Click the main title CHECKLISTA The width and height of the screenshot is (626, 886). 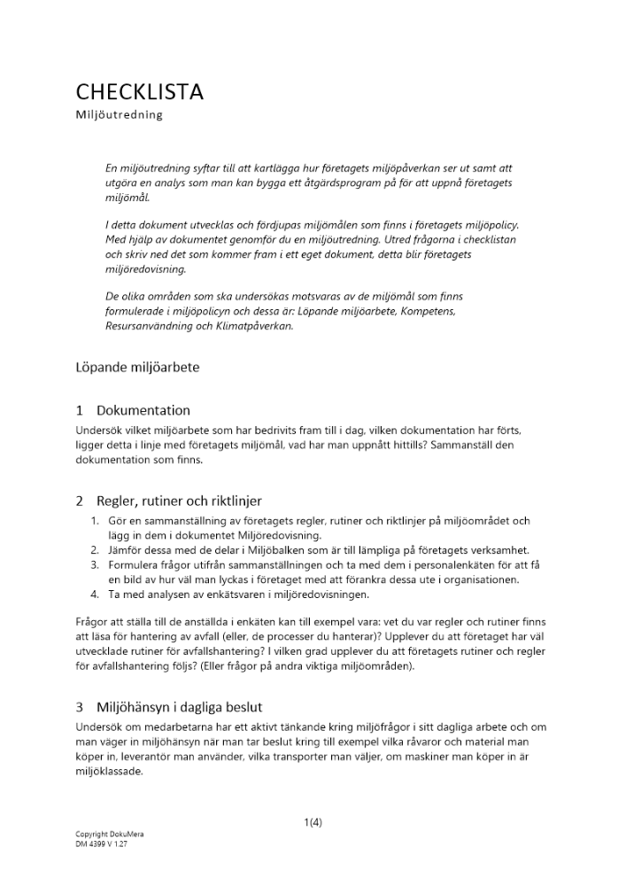coord(139,91)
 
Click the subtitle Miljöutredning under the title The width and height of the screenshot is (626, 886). coord(119,115)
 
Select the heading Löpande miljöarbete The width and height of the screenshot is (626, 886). coord(136,368)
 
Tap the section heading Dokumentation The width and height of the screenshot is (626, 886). coord(143,410)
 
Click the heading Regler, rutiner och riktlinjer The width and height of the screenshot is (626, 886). coord(179,501)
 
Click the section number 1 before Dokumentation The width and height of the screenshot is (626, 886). coord(80,410)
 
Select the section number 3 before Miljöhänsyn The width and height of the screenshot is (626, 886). coord(80,707)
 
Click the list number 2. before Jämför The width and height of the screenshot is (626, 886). coord(97,550)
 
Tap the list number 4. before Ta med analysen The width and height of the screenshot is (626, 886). coord(97,595)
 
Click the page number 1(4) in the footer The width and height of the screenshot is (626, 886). coord(313,822)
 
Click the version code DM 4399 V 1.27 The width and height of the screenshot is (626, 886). coord(102,844)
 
